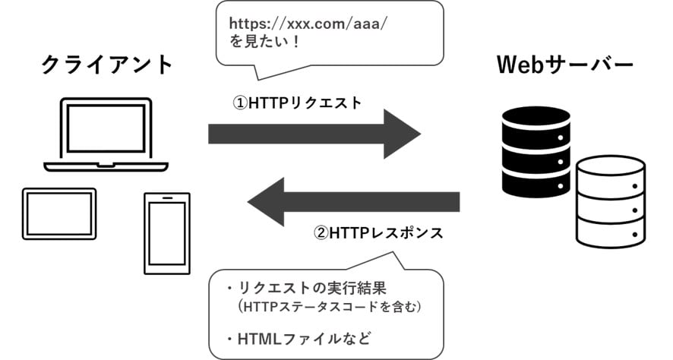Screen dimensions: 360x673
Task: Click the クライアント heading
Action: (x=107, y=65)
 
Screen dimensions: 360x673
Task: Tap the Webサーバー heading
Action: (x=564, y=65)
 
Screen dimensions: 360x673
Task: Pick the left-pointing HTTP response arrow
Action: (x=353, y=201)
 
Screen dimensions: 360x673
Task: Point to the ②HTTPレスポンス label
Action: (x=378, y=232)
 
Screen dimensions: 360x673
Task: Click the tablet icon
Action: (x=59, y=212)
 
